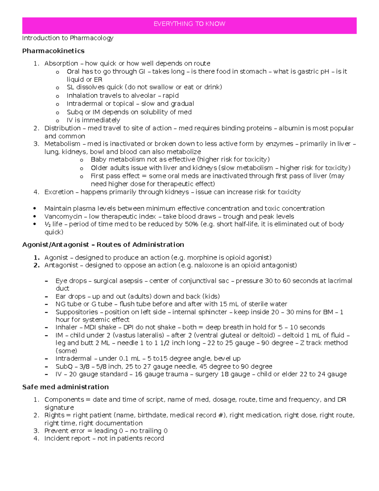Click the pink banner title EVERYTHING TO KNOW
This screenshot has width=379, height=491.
189,24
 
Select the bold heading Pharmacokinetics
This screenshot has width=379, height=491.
53,51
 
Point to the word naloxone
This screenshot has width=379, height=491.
208,265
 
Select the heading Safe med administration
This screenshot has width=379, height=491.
65,387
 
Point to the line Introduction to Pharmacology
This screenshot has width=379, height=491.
68,38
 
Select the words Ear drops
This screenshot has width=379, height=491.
70,297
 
